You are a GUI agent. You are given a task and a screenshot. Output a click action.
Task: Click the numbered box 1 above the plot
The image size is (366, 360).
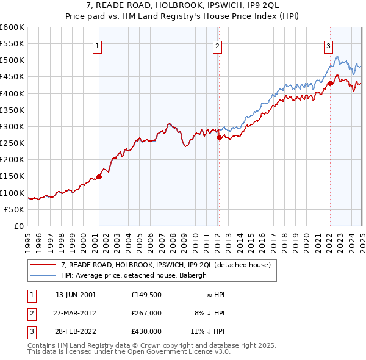[x=98, y=45]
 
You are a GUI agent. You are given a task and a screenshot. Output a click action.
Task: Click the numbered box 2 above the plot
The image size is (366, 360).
[x=218, y=45]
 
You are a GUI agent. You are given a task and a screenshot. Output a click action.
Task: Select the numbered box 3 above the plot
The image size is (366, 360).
[x=328, y=45]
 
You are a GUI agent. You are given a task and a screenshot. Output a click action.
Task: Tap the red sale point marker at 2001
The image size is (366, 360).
[x=99, y=176]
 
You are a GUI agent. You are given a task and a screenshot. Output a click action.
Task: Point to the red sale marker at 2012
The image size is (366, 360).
[x=219, y=137]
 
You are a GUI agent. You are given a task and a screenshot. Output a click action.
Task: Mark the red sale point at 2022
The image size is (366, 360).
[x=329, y=83]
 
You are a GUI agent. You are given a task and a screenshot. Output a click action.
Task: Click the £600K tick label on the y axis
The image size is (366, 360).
[x=12, y=27]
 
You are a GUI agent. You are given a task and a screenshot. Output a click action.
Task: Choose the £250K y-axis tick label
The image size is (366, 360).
[x=12, y=143]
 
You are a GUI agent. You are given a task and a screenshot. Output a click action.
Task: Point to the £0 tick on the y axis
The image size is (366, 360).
[x=20, y=226]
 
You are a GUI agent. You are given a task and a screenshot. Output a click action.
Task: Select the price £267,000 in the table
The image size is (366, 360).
[x=146, y=313]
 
